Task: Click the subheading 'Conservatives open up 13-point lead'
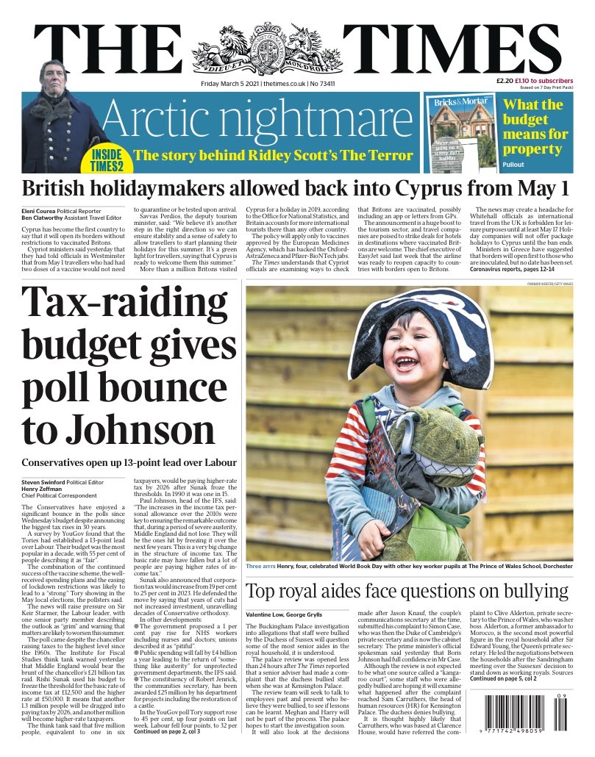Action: (x=129, y=462)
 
